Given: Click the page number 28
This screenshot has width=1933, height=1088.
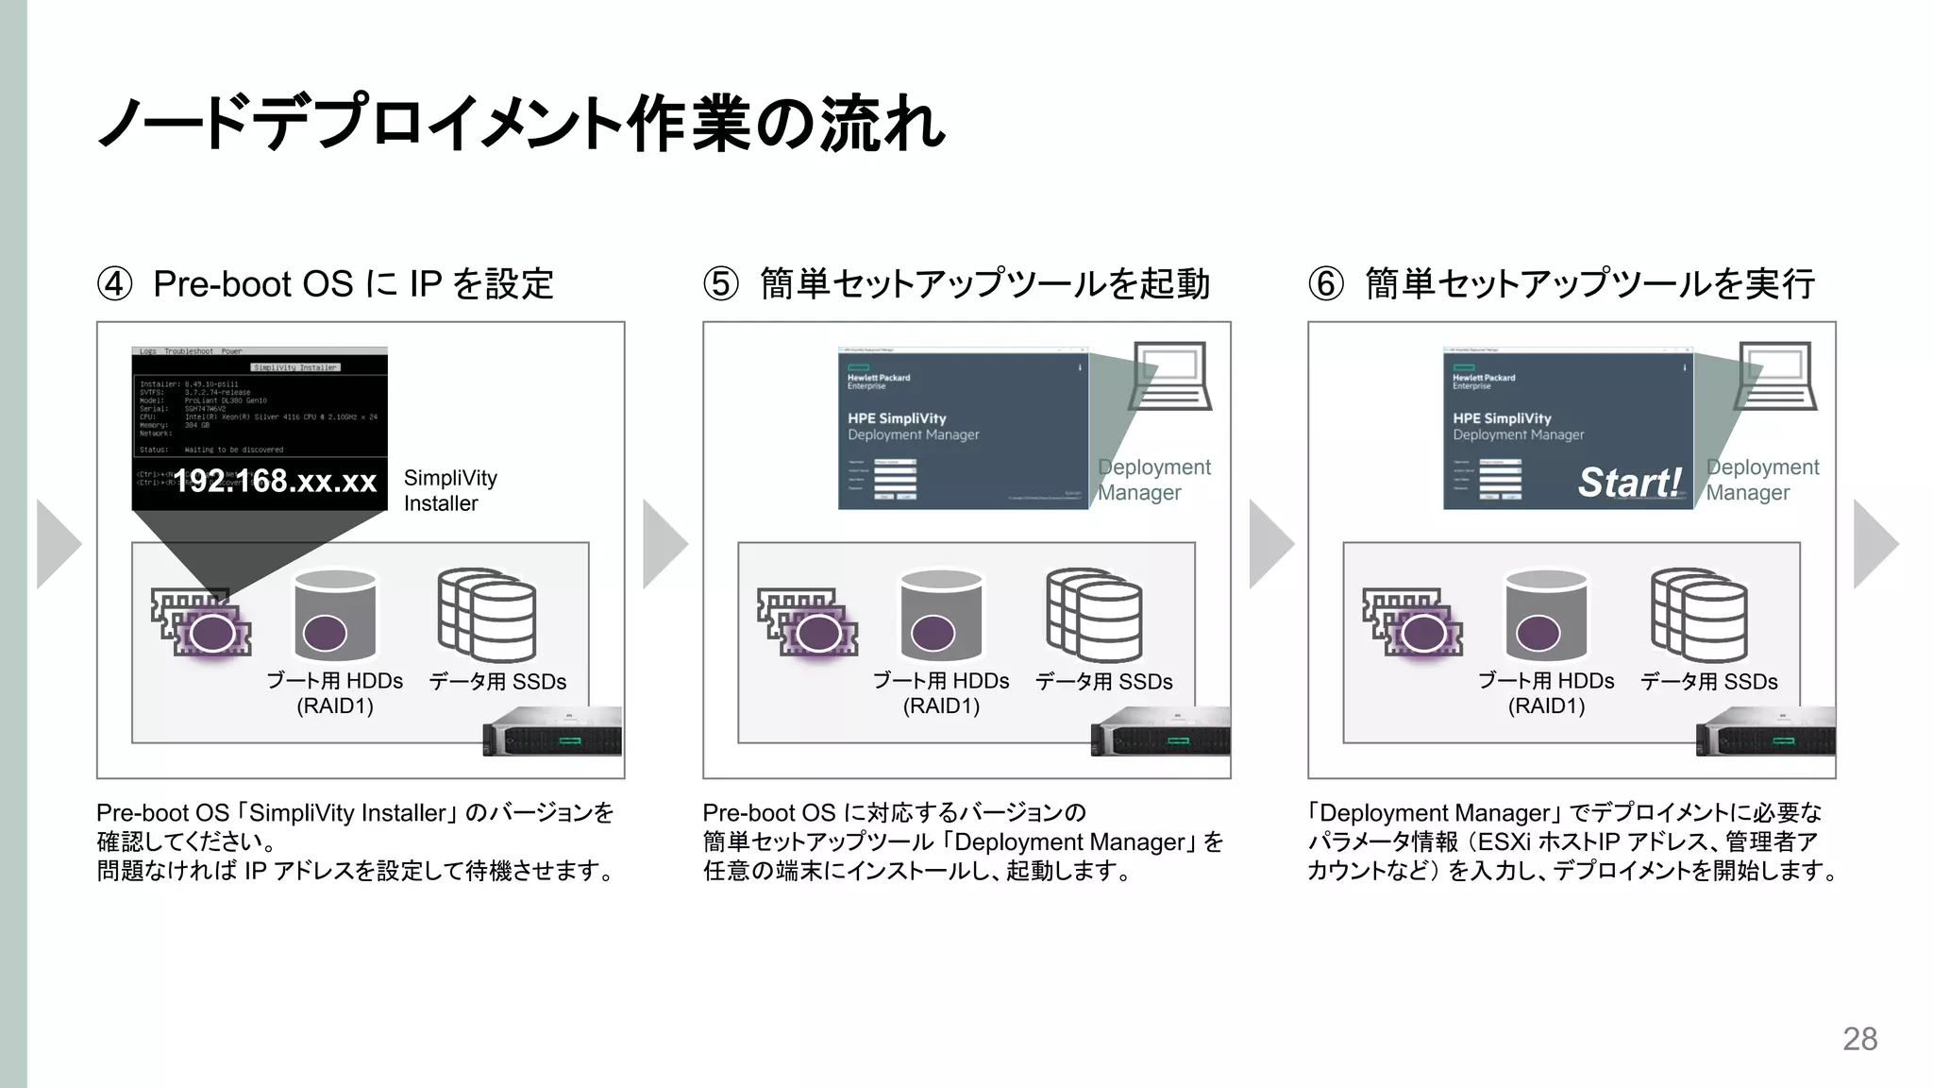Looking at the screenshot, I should (1859, 1039).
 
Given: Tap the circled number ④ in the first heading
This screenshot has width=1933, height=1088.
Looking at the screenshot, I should (115, 284).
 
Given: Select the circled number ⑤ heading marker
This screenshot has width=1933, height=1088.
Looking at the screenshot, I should (721, 284).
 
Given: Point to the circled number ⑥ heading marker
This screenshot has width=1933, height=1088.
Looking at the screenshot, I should (1326, 284).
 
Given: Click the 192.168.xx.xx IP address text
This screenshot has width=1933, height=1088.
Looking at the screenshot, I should (275, 482).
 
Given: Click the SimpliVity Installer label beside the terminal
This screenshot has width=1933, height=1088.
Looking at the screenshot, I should (450, 491).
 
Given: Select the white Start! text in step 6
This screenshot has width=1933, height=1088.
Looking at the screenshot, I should (1630, 483).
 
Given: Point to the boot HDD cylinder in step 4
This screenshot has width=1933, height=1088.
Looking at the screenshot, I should (335, 616).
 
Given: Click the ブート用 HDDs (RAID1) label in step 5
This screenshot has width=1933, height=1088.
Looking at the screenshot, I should (941, 693).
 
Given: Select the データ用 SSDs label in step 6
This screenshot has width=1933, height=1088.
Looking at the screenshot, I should (1708, 682).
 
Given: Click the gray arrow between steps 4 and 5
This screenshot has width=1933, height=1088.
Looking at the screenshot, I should (665, 544).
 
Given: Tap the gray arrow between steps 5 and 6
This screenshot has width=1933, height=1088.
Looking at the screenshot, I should (1271, 544).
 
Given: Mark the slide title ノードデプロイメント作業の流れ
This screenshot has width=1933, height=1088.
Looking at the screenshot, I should (521, 124).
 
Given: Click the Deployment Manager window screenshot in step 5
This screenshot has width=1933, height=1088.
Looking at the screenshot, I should (963, 429).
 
